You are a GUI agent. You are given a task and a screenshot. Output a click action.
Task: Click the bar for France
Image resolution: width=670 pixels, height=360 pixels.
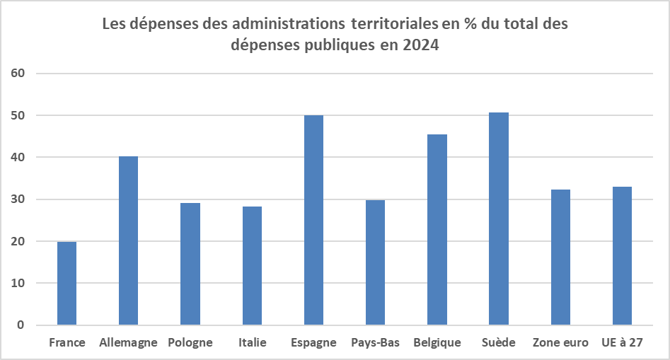tap(67, 283)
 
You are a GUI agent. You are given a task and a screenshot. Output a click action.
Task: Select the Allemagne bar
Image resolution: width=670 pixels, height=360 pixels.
tap(128, 240)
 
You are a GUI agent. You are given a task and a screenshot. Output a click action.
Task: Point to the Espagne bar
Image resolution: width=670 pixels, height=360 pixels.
tap(313, 220)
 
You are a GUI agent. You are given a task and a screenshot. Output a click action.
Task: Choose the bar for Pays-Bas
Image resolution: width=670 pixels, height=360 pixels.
tap(375, 262)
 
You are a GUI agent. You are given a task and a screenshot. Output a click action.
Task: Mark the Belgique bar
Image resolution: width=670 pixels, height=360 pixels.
tap(437, 230)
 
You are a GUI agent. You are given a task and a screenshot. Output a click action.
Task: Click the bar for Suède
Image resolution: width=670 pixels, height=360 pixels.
tap(499, 219)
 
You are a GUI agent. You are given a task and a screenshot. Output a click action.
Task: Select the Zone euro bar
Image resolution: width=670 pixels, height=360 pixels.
tap(560, 257)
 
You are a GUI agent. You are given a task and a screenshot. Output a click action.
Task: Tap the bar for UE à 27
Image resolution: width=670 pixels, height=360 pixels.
tap(622, 256)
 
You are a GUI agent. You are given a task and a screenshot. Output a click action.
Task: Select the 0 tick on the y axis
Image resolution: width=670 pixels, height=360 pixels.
tap(21, 325)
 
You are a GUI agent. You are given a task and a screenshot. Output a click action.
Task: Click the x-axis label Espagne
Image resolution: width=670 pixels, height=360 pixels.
tap(313, 343)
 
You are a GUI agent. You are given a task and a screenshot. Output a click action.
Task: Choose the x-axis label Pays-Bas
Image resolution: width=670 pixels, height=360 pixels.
tap(375, 343)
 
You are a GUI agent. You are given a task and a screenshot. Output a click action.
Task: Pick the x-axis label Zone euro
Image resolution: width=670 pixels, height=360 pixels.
tap(560, 343)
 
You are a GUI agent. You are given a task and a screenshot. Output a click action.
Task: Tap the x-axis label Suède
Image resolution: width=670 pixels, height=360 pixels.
tap(499, 343)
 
